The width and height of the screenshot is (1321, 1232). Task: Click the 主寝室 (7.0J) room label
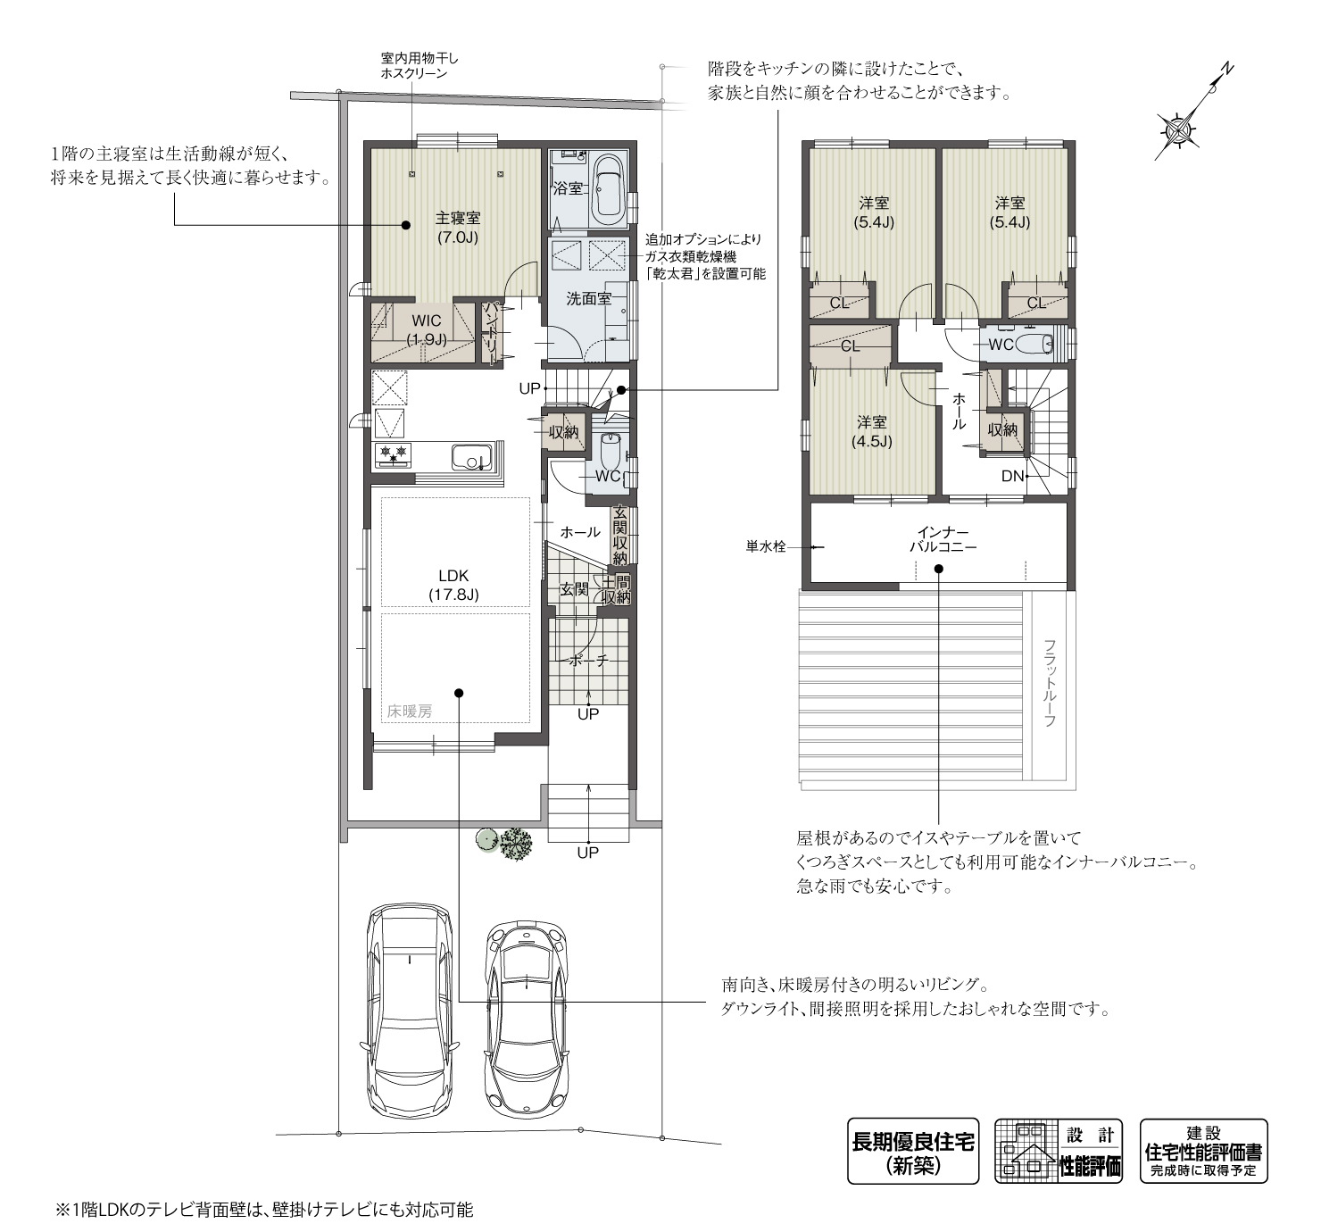[458, 228]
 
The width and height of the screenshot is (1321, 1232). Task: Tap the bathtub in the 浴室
[607, 190]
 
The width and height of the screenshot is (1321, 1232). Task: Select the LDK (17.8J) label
[453, 585]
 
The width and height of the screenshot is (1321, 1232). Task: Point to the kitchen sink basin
[471, 456]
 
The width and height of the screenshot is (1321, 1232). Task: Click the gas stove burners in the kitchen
[393, 454]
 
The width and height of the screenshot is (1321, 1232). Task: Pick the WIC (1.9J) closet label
[427, 330]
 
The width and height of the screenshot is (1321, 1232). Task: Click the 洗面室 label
[589, 299]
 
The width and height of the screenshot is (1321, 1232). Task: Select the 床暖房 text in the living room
[410, 712]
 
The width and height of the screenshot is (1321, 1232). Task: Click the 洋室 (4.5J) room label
[871, 431]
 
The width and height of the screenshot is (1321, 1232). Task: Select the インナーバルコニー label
[943, 540]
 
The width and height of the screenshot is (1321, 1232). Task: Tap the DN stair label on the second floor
[1012, 476]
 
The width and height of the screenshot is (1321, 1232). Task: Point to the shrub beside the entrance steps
[516, 845]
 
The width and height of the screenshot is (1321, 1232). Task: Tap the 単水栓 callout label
[766, 547]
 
